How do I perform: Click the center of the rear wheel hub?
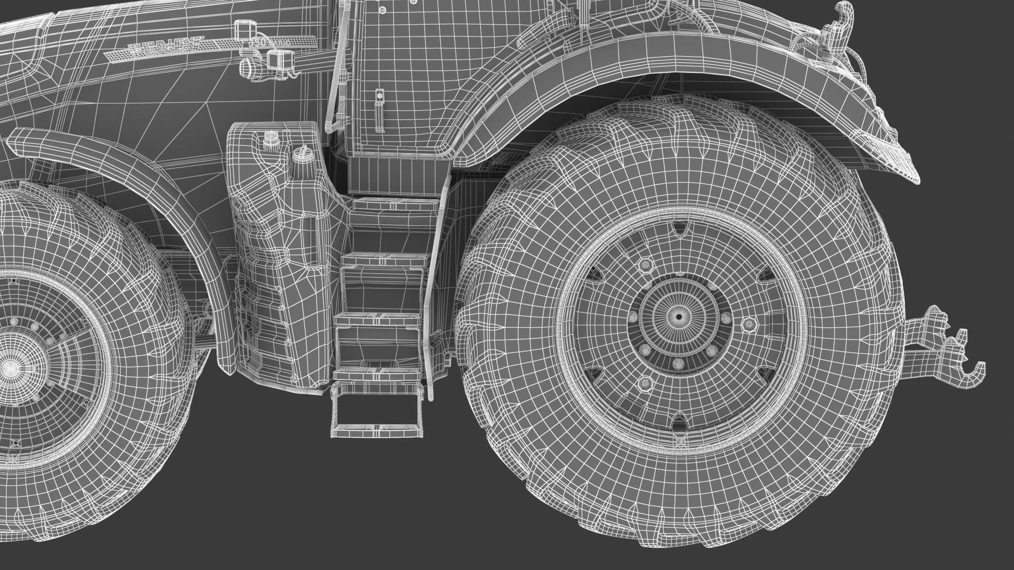click(678, 317)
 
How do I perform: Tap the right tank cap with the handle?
click(300, 153)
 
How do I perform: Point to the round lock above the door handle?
click(379, 95)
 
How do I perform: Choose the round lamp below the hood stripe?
click(251, 68)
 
